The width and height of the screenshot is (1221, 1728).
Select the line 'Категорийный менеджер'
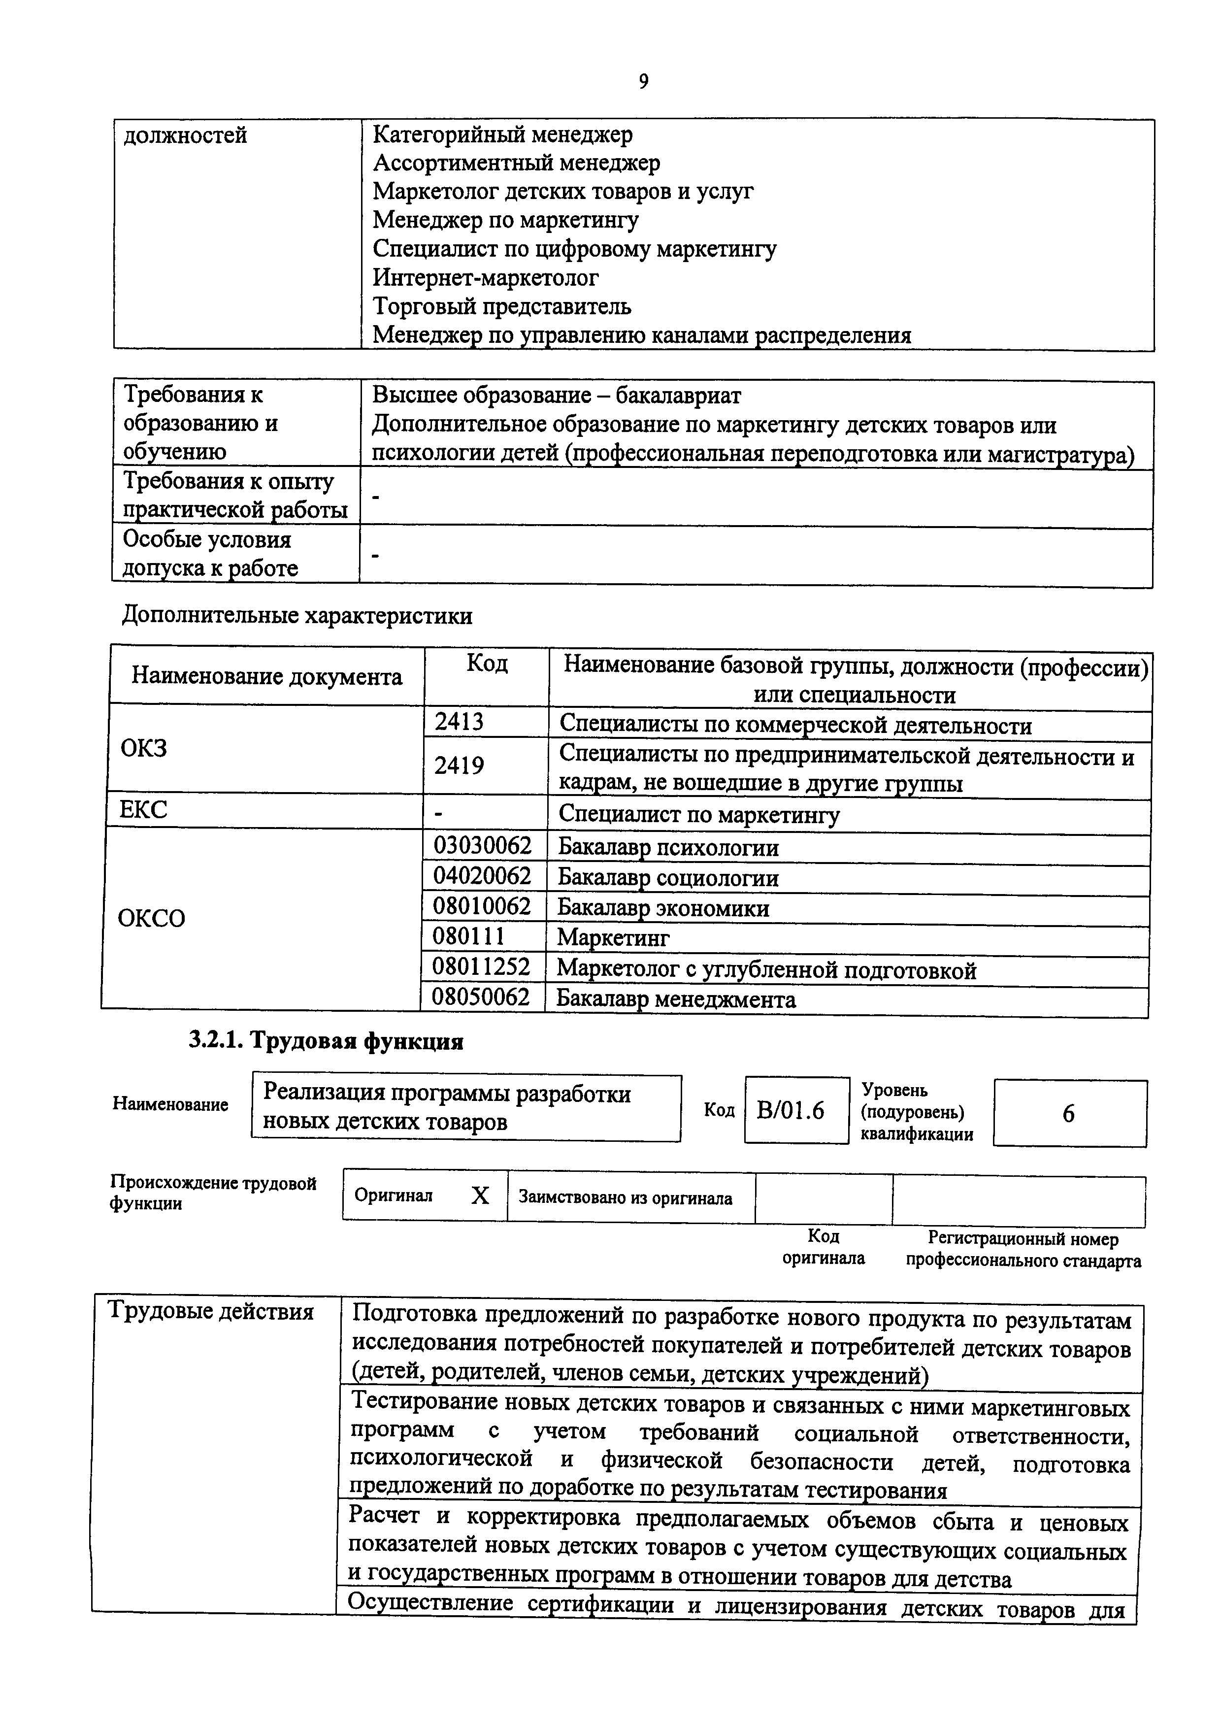pos(502,134)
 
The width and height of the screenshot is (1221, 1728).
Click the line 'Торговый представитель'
pos(502,306)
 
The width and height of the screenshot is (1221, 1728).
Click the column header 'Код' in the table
pos(487,663)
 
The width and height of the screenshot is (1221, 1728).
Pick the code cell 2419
pos(459,765)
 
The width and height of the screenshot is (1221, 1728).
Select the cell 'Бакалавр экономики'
pos(663,908)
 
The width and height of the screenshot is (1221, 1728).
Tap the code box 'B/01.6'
pos(791,1111)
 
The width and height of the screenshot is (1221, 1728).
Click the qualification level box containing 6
pos(1068,1114)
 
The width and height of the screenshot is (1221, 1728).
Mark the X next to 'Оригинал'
pos(480,1195)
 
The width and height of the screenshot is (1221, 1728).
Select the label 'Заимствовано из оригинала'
pos(625,1198)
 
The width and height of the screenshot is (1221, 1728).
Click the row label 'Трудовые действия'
pos(211,1311)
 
